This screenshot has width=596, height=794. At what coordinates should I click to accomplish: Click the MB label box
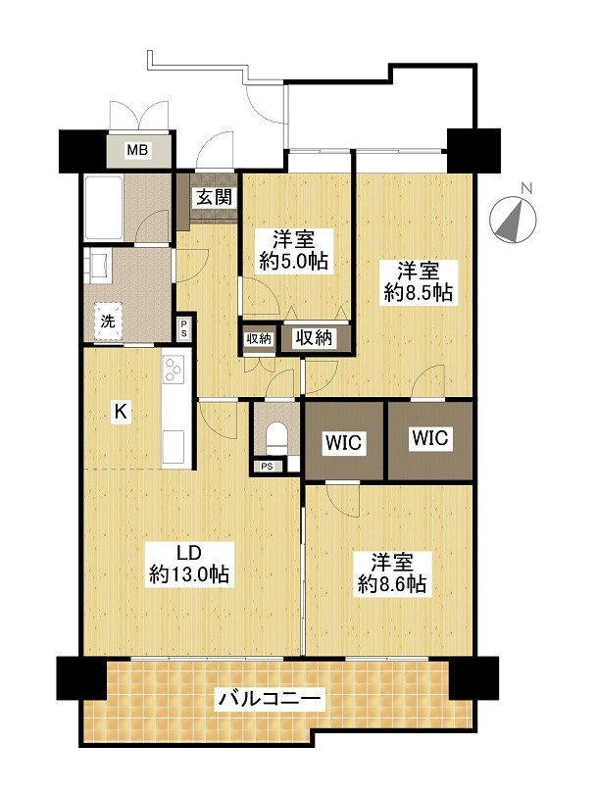click(137, 150)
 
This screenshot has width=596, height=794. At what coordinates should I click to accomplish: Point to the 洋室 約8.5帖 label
click(418, 282)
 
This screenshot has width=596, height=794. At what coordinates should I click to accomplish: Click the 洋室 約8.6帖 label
click(392, 573)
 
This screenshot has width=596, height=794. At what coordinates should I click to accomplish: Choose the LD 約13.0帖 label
click(189, 564)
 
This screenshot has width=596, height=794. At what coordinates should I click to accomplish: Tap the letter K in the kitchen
click(121, 411)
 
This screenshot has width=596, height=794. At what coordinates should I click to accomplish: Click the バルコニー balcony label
click(270, 699)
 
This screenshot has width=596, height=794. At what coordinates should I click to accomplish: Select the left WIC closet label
click(344, 442)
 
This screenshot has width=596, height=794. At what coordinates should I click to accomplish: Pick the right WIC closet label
click(430, 437)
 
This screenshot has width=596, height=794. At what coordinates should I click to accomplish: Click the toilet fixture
click(276, 438)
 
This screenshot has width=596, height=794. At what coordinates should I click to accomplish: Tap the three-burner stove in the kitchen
click(174, 370)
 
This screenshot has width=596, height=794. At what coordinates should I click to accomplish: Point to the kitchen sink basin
click(174, 446)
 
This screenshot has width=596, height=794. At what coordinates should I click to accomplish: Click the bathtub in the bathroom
click(104, 208)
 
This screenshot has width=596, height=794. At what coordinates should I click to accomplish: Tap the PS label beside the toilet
click(267, 467)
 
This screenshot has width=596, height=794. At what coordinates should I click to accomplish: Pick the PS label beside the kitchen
click(183, 329)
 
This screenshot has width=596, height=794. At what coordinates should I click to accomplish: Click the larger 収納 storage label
click(315, 337)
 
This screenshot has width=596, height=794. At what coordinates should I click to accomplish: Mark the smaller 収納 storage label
click(259, 339)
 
